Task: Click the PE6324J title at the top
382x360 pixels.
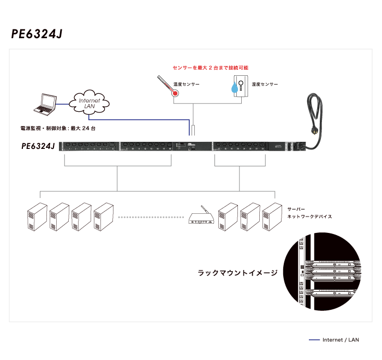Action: point(37,34)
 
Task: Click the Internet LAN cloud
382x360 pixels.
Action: point(89,101)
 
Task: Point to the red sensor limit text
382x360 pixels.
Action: point(210,68)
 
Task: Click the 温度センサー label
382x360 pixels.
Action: point(187,85)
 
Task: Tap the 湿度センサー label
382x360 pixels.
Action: point(265,85)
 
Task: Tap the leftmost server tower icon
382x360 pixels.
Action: point(37,218)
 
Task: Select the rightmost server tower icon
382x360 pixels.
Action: point(272,218)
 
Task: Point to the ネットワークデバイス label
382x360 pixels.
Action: point(309,216)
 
